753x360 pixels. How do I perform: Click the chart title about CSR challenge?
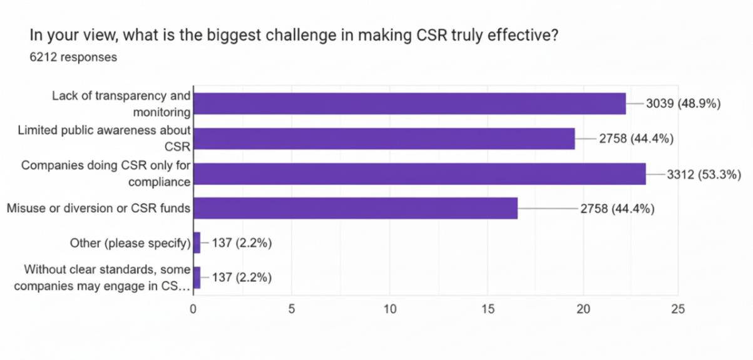pos(294,35)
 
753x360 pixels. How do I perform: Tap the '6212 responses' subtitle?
pos(73,57)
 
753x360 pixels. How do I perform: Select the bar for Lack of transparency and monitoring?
pos(410,103)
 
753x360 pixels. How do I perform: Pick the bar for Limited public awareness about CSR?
pos(384,138)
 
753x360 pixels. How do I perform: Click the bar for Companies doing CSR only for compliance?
pos(420,174)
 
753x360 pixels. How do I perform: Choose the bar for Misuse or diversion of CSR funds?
pos(356,208)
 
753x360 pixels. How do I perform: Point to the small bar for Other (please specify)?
pos(197,243)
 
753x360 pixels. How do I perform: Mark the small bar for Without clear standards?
pos(197,277)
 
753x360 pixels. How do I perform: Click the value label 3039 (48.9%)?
pos(684,103)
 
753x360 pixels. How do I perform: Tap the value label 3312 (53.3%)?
pos(704,175)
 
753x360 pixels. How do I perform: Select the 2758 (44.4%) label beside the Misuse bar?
pos(618,208)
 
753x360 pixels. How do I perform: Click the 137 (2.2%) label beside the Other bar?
pos(242,243)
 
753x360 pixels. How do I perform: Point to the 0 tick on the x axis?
pos(193,309)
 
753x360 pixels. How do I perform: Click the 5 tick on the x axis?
pos(292,309)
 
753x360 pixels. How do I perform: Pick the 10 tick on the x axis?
pos(390,309)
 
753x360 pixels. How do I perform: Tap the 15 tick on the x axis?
pos(488,309)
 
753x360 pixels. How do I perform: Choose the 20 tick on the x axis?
pos(583,309)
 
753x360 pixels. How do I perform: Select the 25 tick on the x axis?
pos(678,309)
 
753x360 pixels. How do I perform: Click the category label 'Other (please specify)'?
pos(130,243)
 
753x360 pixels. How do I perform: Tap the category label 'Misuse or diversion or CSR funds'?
pos(98,208)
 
